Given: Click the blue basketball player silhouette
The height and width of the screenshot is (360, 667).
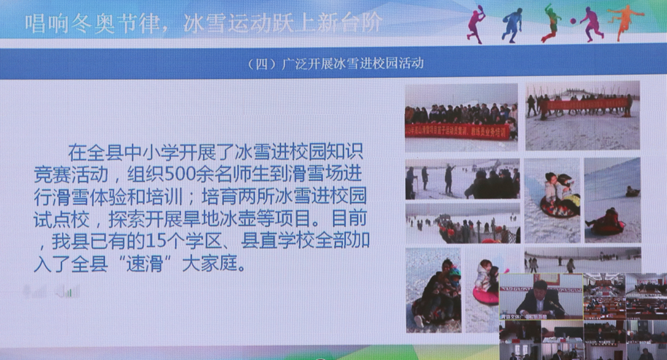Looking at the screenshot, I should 512,25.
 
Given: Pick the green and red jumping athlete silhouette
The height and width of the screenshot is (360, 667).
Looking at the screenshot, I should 550,23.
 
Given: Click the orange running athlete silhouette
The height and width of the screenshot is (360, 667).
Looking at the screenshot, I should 626,22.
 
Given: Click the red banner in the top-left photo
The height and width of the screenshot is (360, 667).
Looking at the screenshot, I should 459,131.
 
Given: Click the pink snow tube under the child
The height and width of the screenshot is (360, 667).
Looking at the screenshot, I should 486,296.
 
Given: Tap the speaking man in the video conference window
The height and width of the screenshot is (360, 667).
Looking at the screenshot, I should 540,296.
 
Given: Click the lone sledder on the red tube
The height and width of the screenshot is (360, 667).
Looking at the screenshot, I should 608,222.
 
